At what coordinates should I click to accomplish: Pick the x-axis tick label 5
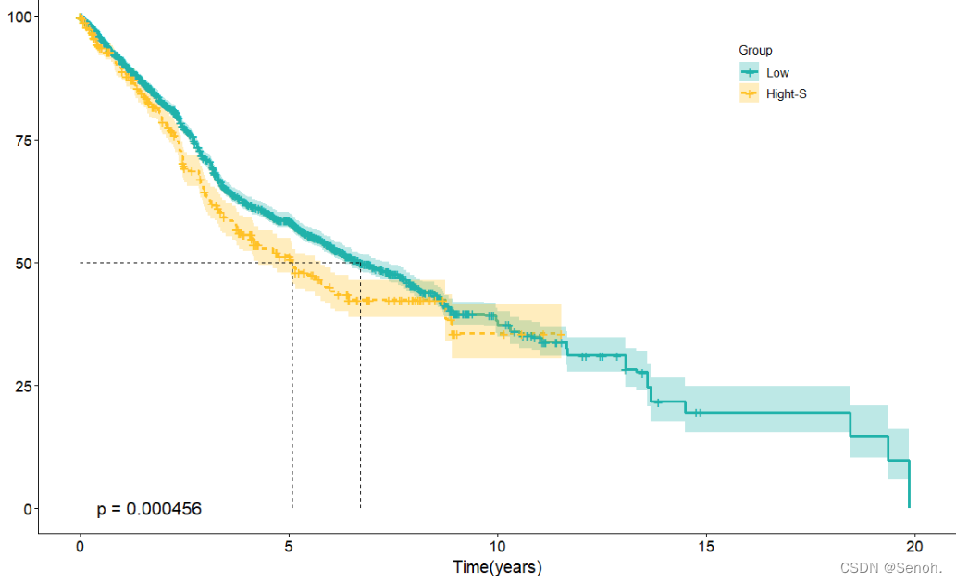click(289, 546)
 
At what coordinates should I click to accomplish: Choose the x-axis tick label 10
click(498, 546)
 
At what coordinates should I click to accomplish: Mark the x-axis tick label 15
click(707, 546)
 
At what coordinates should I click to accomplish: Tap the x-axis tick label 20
click(915, 546)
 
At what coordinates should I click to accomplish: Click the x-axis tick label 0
click(81, 546)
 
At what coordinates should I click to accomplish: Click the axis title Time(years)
click(497, 566)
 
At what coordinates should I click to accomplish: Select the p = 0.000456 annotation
click(149, 509)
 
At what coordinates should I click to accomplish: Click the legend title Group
click(755, 50)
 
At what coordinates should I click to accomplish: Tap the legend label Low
click(777, 72)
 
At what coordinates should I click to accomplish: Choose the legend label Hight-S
click(787, 93)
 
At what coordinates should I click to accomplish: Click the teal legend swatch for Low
click(749, 72)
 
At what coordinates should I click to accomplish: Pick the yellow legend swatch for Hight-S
click(749, 93)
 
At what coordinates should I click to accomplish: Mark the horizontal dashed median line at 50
click(185, 263)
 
